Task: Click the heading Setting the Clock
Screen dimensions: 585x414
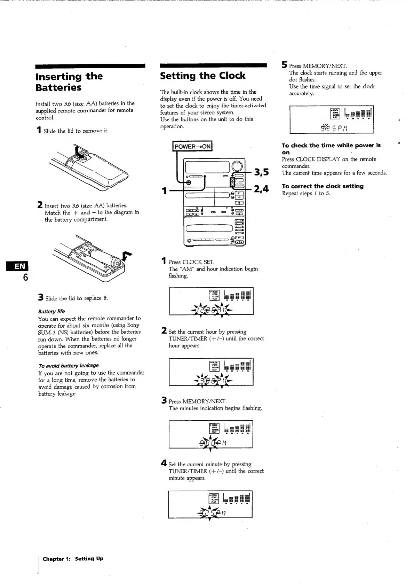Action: click(202, 76)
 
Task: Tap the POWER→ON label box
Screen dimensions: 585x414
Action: click(192, 146)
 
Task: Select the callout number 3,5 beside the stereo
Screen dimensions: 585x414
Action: click(261, 172)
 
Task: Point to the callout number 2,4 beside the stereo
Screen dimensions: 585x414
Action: click(261, 189)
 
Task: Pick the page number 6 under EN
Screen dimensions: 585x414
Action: click(25, 278)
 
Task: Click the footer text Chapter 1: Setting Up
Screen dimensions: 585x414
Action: click(73, 559)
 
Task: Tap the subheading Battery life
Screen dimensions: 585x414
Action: click(51, 311)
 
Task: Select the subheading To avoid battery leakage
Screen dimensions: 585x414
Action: click(69, 366)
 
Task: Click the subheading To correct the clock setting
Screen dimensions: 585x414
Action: click(323, 186)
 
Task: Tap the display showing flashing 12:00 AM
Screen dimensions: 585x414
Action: click(211, 301)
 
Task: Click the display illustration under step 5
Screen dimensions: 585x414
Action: click(332, 119)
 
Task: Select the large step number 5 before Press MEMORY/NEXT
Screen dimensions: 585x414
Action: click(285, 65)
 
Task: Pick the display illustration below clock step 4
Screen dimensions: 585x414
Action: click(210, 504)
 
